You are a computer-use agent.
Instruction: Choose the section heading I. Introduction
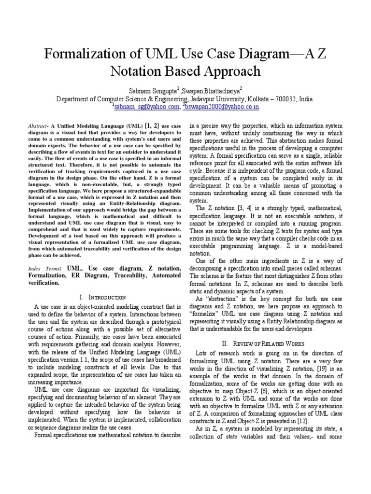104,297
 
